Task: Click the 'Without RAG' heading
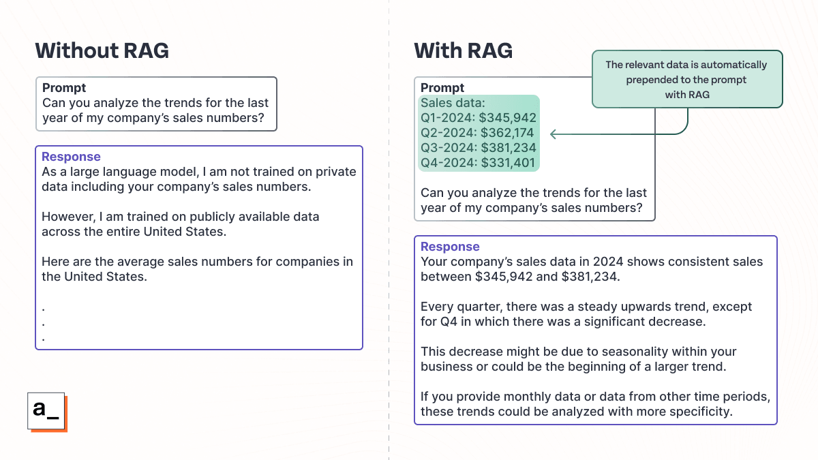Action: [x=102, y=50]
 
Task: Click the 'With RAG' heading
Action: [x=463, y=50]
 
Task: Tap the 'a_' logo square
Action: [x=46, y=411]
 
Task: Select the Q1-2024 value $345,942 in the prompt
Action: [x=508, y=118]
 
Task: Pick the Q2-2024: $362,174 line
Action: [x=477, y=133]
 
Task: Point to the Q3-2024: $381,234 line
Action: [x=478, y=148]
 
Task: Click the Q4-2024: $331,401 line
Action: [x=478, y=163]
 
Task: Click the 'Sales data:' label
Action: [x=452, y=103]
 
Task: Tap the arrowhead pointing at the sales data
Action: [x=554, y=134]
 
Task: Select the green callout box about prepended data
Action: [x=686, y=79]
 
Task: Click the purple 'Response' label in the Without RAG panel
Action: [x=71, y=157]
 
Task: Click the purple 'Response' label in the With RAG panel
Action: [x=450, y=247]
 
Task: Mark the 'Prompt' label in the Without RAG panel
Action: [x=64, y=88]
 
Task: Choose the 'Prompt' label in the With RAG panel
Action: [x=442, y=88]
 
